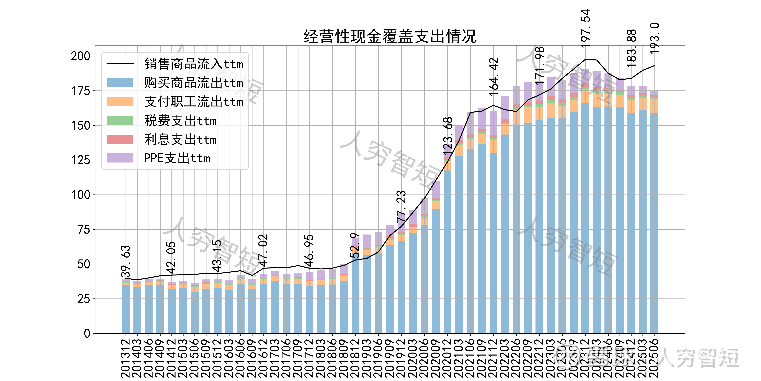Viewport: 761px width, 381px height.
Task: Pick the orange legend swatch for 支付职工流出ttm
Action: click(x=120, y=101)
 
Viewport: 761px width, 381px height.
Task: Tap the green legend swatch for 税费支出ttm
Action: click(x=120, y=120)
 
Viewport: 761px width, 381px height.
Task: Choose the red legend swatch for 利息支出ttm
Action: click(x=120, y=139)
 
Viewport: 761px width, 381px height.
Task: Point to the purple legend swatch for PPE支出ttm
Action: click(x=120, y=158)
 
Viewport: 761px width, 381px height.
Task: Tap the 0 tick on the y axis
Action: click(x=87, y=333)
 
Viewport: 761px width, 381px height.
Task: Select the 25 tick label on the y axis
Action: click(x=84, y=299)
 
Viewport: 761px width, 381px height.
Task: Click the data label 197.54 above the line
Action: click(x=585, y=28)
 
